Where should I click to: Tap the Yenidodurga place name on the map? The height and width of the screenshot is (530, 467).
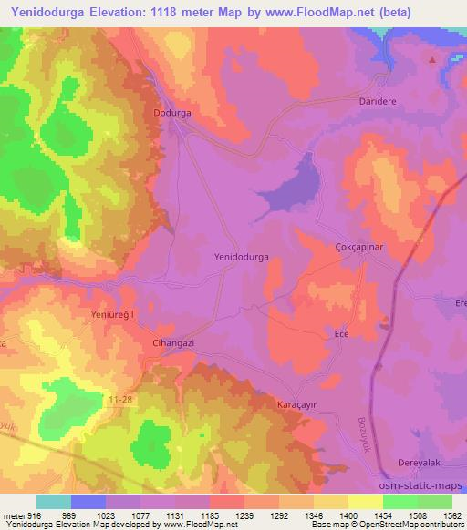coord(241,258)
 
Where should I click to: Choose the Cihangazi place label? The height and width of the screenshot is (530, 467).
coord(169,343)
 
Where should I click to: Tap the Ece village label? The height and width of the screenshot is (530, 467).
coord(342,334)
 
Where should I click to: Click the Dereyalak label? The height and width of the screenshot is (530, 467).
coord(420,463)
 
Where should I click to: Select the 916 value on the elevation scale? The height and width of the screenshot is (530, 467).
coord(25,515)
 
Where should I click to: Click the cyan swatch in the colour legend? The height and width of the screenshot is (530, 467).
coord(54,502)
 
